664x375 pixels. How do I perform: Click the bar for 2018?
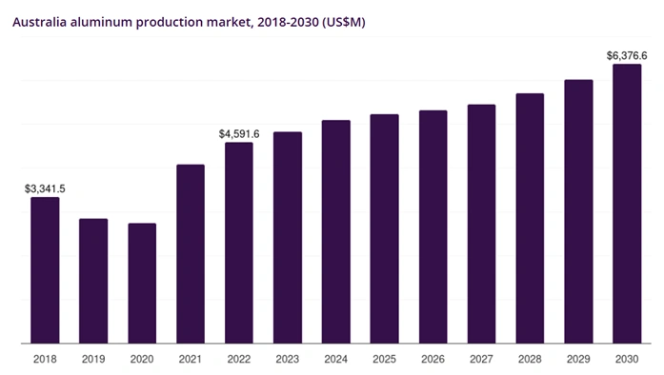tap(45, 270)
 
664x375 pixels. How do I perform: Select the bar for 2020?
tap(142, 284)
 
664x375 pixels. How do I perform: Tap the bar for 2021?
tap(191, 254)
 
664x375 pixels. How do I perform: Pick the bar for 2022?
tap(239, 243)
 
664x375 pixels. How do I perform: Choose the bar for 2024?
tap(336, 231)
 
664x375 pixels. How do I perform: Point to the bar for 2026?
tap(433, 227)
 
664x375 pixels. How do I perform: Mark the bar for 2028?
tap(530, 218)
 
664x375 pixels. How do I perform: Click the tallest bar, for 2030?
tap(626, 204)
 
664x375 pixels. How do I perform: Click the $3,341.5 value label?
tap(45, 189)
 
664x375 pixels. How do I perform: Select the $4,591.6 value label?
tap(239, 134)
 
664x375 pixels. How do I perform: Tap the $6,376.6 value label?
tap(626, 56)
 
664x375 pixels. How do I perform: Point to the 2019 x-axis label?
tap(93, 359)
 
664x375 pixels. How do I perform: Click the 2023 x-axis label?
tap(288, 359)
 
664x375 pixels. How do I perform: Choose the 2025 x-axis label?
tap(384, 359)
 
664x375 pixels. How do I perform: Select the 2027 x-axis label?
tap(481, 359)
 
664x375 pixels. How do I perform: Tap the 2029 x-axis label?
tap(578, 359)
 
